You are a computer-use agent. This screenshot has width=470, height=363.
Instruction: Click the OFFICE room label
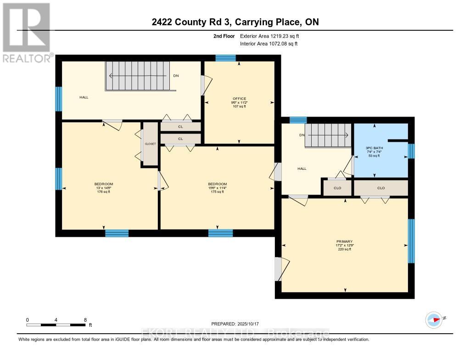(x=239, y=99)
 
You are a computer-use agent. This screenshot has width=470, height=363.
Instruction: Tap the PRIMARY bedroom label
(x=344, y=241)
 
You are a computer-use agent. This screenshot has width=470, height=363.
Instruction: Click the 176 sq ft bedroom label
(x=104, y=184)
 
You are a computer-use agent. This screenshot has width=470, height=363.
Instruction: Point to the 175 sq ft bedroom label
(x=218, y=184)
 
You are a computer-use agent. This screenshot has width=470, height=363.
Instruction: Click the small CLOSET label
(x=151, y=144)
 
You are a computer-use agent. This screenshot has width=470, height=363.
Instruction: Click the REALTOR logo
(x=27, y=33)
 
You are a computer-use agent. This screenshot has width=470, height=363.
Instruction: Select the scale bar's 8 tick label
(x=85, y=319)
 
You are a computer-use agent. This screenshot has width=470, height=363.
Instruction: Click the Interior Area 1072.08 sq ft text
(x=269, y=44)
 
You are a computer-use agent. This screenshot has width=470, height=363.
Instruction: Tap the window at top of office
(x=225, y=58)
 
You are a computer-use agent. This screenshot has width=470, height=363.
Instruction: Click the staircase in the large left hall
(x=138, y=76)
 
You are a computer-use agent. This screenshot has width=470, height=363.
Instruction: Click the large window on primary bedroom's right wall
(x=411, y=241)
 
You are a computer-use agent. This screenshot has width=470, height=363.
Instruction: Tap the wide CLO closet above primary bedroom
(x=380, y=188)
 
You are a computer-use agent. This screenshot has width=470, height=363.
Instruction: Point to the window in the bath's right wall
(x=411, y=151)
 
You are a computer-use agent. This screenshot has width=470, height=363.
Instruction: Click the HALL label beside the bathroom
(x=302, y=169)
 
